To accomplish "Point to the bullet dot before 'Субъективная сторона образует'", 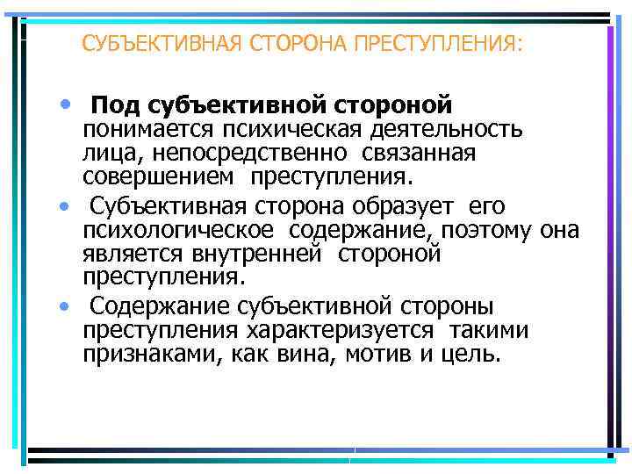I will click(x=65, y=208).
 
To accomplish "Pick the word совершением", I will click(x=159, y=179).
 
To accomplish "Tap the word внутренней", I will click(x=270, y=255).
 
